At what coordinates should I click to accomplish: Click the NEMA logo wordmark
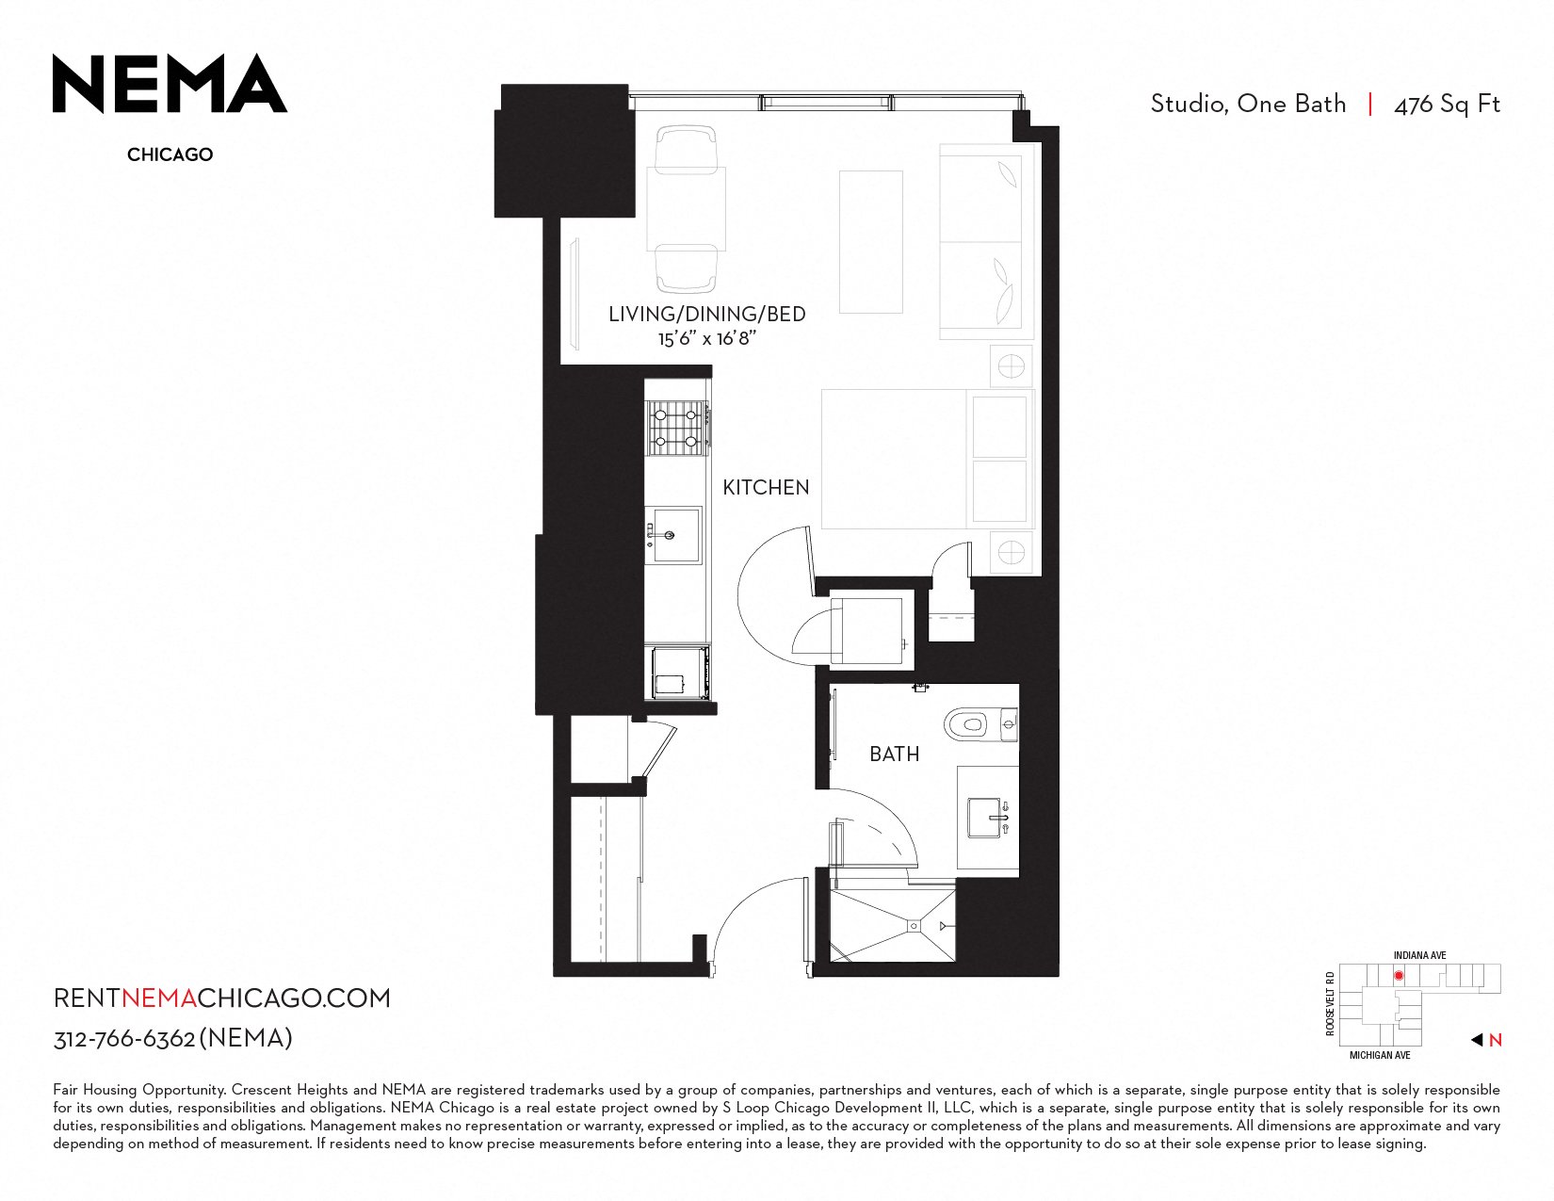click(170, 83)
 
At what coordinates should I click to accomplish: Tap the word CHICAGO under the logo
click(170, 154)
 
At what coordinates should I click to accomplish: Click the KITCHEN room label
click(765, 487)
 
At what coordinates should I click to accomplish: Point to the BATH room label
click(894, 754)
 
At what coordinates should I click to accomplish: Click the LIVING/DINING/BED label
click(706, 314)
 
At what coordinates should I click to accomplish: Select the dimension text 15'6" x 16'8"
click(706, 338)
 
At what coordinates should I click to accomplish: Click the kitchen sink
click(673, 535)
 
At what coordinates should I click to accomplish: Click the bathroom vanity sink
click(988, 818)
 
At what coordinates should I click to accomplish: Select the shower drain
click(914, 926)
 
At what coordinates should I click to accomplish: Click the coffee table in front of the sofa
click(870, 242)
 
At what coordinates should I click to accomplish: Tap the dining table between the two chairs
click(686, 208)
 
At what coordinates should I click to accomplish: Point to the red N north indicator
click(1495, 1040)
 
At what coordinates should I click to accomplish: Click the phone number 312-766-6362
click(124, 1039)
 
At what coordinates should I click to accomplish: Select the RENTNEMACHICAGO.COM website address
click(221, 998)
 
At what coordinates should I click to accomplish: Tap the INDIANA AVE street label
click(1419, 955)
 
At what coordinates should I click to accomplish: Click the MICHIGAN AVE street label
click(1380, 1055)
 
